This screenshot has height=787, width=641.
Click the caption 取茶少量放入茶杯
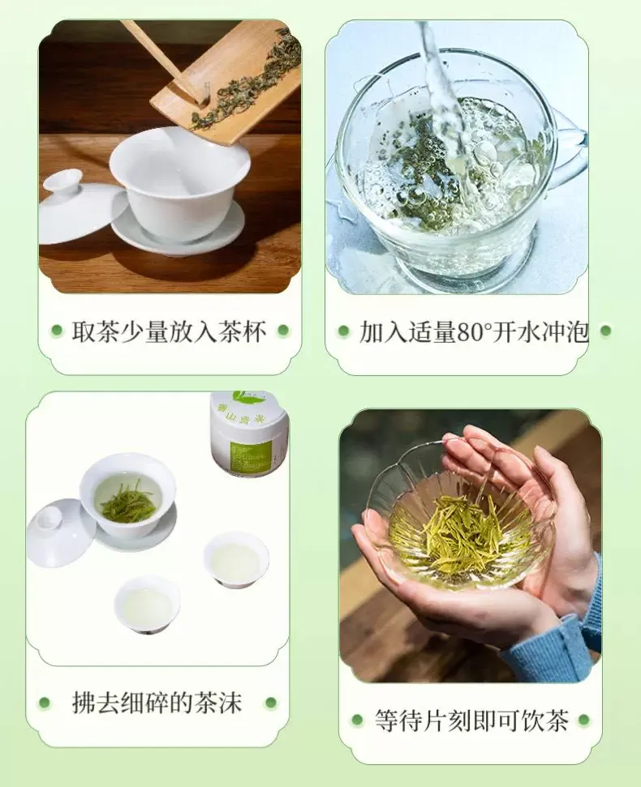(169, 331)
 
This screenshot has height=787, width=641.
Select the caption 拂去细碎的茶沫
(157, 702)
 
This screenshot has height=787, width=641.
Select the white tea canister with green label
(249, 434)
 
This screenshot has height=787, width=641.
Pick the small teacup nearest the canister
(236, 559)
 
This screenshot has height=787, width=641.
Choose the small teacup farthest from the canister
(147, 604)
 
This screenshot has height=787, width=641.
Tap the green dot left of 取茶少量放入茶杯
(57, 331)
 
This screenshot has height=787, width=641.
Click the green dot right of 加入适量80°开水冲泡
(605, 331)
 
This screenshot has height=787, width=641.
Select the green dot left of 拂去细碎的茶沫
(45, 703)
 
